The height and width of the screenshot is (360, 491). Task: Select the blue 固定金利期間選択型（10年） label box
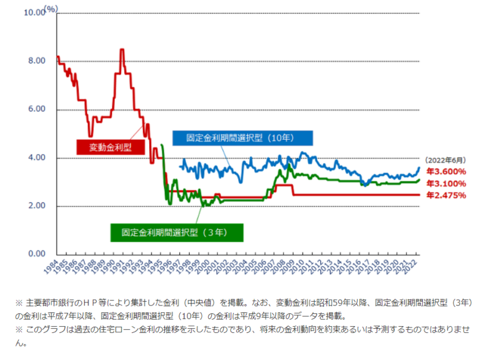243,138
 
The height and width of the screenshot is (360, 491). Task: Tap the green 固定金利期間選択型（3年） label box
177,232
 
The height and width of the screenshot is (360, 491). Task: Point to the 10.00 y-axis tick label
34,12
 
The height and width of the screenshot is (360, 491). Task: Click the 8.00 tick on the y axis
37,61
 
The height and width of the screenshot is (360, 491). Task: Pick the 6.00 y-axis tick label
37,109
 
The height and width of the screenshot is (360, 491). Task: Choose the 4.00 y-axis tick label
37,158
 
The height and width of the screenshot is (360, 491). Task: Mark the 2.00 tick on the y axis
37,206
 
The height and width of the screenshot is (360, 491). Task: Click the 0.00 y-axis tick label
37,254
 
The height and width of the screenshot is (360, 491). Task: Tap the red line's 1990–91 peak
122,50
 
